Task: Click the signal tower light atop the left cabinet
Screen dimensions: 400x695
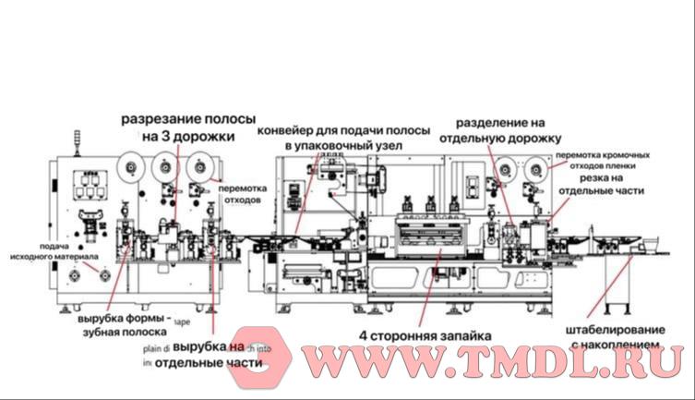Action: coord(77,141)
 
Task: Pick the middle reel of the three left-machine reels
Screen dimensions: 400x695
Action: coord(164,168)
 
